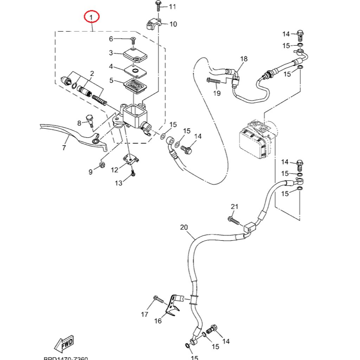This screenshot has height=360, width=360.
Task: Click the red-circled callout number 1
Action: (x=92, y=17)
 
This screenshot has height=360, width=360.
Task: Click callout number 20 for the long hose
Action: (x=184, y=227)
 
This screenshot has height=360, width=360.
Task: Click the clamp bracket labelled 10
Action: (x=154, y=25)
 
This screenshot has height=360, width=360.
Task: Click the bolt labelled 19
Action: (x=214, y=81)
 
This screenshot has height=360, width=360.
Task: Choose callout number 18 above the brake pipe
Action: (x=244, y=59)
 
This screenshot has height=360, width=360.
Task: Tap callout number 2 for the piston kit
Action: (x=92, y=74)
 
